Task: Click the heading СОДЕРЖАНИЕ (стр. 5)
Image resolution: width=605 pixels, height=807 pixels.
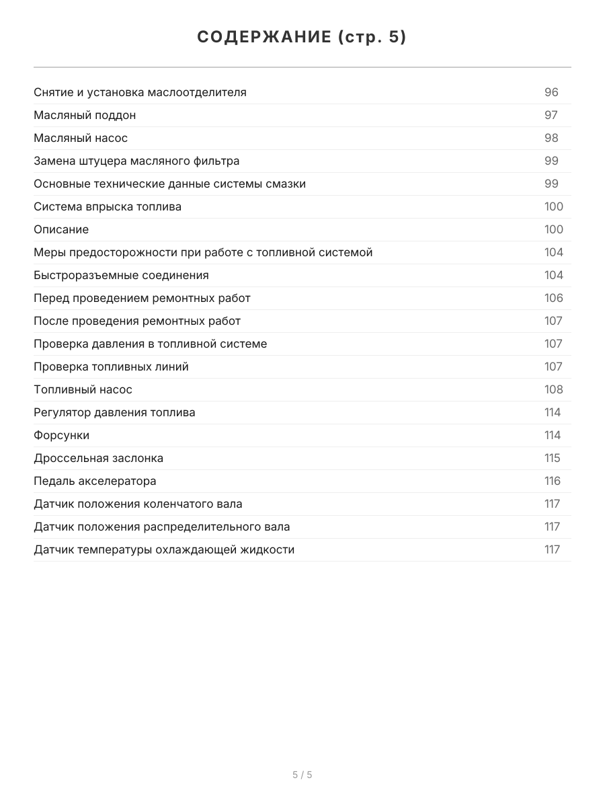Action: pos(302,38)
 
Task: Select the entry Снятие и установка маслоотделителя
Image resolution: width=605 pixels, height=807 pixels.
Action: pos(140,92)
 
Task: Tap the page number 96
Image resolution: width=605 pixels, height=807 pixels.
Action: pos(551,92)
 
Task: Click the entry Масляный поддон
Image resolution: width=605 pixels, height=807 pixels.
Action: pos(85,115)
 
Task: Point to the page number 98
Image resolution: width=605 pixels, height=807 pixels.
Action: pos(551,138)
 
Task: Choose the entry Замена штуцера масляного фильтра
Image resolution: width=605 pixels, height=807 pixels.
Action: pos(136,161)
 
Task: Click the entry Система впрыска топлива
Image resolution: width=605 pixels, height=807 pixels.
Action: pos(108,206)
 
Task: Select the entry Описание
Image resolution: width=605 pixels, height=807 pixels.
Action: pos(61,229)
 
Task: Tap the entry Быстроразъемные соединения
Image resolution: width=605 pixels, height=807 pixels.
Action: pos(121,275)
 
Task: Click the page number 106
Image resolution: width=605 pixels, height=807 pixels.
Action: pos(553,298)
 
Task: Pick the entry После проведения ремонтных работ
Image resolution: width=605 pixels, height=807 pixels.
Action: pos(137,321)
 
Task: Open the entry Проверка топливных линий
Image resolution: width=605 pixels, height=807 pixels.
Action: pos(111,367)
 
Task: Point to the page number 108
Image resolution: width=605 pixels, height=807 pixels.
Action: pos(553,389)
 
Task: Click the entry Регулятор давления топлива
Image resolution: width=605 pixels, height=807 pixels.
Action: pos(114,412)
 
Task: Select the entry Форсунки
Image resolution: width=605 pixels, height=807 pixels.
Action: pos(61,435)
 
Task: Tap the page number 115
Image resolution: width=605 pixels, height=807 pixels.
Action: pos(552,458)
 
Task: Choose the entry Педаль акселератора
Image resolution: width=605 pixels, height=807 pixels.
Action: pos(95,481)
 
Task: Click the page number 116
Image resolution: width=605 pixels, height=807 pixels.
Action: pos(552,481)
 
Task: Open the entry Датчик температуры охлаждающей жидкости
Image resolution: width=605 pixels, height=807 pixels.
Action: pos(164,549)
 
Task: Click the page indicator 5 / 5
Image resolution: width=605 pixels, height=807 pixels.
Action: pos(302,775)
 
